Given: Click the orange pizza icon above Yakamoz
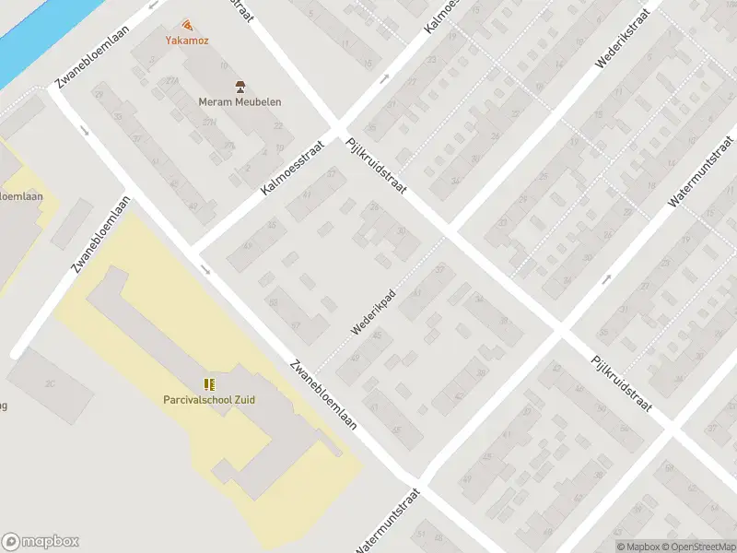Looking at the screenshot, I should coord(187,25).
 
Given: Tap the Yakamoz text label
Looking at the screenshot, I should coord(187,41).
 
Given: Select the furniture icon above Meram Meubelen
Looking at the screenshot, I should coord(240,87).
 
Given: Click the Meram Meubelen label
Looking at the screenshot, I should coord(240,102).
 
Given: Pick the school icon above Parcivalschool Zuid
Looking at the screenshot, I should coord(209,383).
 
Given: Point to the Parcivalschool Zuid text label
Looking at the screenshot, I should coord(209,399).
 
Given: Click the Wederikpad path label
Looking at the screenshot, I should coord(373,312).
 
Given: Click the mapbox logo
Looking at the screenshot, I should coord(41,541).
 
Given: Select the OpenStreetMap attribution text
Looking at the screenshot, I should coord(700,547).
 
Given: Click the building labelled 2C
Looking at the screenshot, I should coord(51,384).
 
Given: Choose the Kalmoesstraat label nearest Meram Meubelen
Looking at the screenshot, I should coord(294,167).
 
